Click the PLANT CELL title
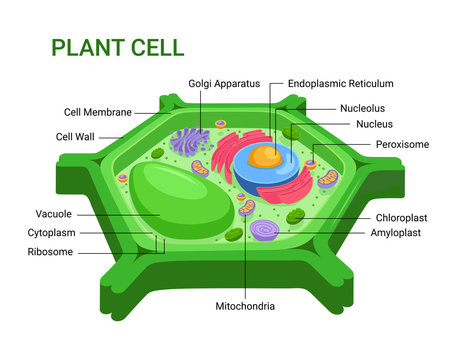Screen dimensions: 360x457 (x=117, y=47)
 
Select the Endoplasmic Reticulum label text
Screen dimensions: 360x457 (x=340, y=84)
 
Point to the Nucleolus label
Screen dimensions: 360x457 (x=362, y=108)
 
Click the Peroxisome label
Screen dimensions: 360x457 (x=402, y=144)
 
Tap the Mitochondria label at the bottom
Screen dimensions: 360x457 (x=246, y=305)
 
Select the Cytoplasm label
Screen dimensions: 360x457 (x=52, y=232)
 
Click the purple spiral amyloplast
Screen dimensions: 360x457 (x=265, y=232)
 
